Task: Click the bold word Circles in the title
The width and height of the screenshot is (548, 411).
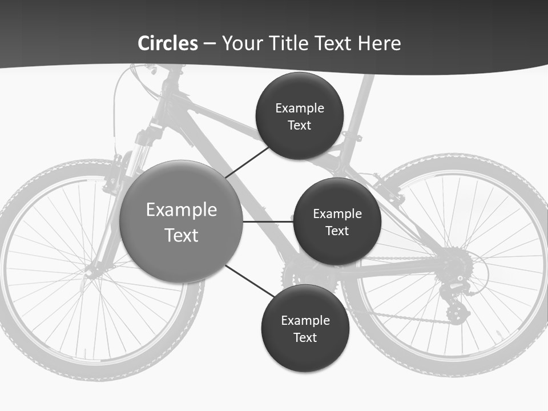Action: click(168, 43)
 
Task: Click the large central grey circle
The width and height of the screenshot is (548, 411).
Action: click(181, 221)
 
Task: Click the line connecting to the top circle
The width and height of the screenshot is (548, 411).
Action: click(247, 162)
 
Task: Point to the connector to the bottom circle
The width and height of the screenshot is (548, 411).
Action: click(249, 281)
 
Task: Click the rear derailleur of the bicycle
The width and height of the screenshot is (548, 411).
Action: click(457, 300)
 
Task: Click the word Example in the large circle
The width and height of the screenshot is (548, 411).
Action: click(181, 209)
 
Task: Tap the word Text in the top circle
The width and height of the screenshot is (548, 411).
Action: click(300, 126)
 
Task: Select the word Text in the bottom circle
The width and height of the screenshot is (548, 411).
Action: click(305, 337)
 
